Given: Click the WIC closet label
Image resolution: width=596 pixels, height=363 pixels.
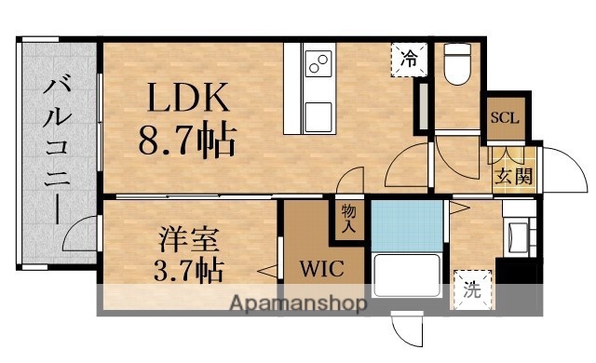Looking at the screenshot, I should point(321,271).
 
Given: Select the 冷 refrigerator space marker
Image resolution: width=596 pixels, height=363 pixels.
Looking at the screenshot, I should point(409,59).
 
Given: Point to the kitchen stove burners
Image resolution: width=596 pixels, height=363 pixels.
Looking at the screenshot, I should point(318,64).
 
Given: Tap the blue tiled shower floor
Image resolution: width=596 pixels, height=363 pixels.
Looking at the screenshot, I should point(405,224).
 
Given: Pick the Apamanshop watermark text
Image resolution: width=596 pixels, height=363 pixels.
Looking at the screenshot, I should point(296,302).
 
